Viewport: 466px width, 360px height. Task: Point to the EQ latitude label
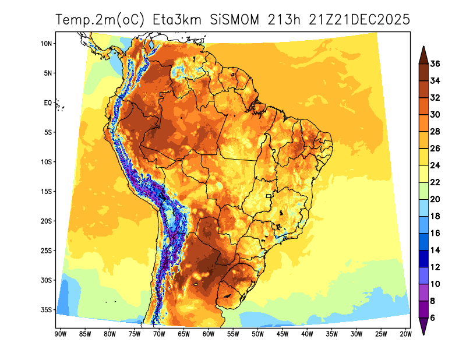(x=48, y=103)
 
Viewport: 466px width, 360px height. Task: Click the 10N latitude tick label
(x=47, y=43)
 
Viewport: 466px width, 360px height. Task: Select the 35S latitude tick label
(x=47, y=309)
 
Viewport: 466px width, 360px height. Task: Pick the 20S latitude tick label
(x=47, y=221)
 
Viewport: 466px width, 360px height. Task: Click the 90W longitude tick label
(x=59, y=334)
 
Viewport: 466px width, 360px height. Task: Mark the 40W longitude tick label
(x=307, y=334)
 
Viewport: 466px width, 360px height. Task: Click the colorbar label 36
(x=435, y=64)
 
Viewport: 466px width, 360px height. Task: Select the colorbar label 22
(x=435, y=182)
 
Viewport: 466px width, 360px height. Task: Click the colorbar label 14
(x=435, y=250)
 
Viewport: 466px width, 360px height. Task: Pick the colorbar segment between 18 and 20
(x=424, y=207)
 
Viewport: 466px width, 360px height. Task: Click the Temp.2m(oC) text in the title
(x=99, y=19)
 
